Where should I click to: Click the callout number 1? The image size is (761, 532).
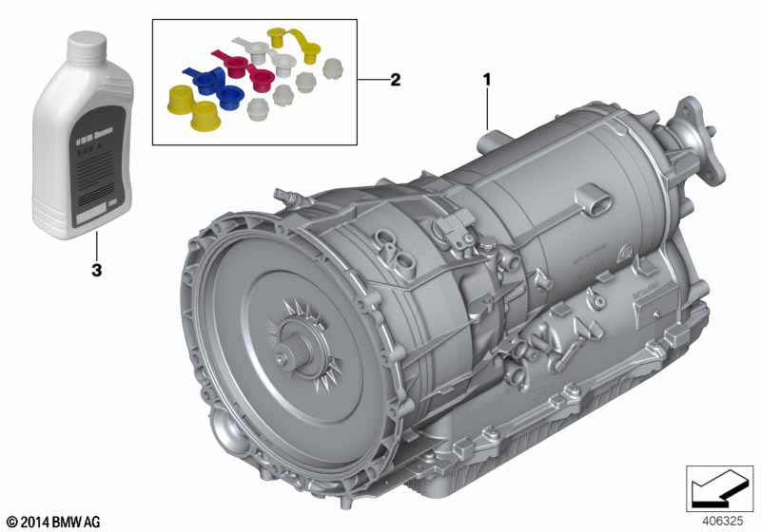pos(489,78)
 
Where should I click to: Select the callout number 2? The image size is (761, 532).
pos(395,81)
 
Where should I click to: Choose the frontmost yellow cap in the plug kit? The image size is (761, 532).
pos(206,120)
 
